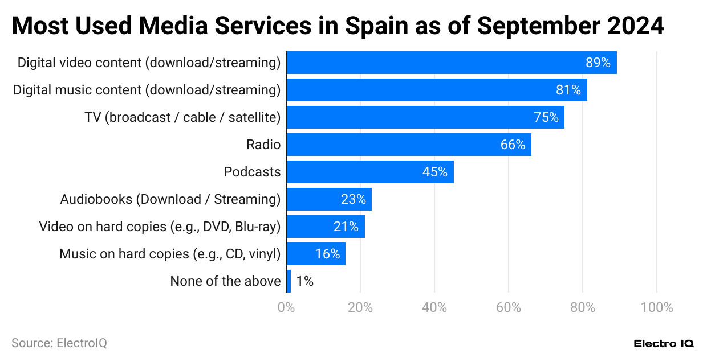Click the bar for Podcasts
point(369,172)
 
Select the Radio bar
point(408,145)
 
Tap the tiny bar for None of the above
point(289,281)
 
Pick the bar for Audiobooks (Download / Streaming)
point(328,199)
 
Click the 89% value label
point(598,63)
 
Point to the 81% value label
point(568,90)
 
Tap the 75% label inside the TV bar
point(546,117)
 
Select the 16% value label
point(327,254)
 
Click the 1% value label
point(304,281)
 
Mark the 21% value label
point(346,227)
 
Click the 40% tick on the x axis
point(434,308)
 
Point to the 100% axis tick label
point(656,308)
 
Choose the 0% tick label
point(286,308)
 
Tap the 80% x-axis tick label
point(582,308)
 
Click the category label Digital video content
point(149,63)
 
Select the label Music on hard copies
point(170,254)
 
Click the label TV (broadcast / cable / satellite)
point(182,117)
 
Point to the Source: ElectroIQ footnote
point(59,343)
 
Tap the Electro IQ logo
point(663,344)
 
